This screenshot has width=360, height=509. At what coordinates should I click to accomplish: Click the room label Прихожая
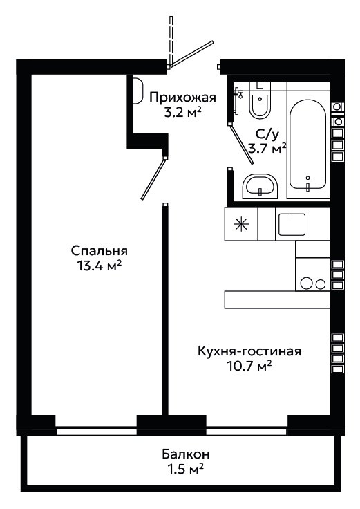click(x=182, y=98)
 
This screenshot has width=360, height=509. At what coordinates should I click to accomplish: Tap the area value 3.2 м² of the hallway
click(x=182, y=112)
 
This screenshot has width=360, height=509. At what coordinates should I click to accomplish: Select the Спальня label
click(x=100, y=251)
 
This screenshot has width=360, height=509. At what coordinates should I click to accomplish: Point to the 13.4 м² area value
click(x=100, y=266)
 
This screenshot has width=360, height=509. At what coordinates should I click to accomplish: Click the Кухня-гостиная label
click(x=249, y=351)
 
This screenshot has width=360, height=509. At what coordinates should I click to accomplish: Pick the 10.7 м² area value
click(x=249, y=367)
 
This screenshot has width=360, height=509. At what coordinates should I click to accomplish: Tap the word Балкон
click(x=186, y=454)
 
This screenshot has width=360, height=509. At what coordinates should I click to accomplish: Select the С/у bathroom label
click(x=267, y=134)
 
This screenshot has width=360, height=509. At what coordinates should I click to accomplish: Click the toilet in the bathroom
click(x=260, y=102)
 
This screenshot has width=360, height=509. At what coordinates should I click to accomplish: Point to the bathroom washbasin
click(x=260, y=186)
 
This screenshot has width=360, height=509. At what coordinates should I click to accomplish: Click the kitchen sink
click(x=292, y=224)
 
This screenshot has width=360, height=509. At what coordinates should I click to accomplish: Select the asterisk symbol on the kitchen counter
click(x=241, y=225)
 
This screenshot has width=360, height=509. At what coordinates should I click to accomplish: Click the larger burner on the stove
click(x=306, y=283)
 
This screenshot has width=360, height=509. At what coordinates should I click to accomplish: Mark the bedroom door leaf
click(x=153, y=178)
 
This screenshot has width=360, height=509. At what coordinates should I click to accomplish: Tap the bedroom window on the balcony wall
click(x=96, y=432)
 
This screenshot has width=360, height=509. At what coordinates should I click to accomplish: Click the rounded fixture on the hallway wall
click(x=138, y=91)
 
